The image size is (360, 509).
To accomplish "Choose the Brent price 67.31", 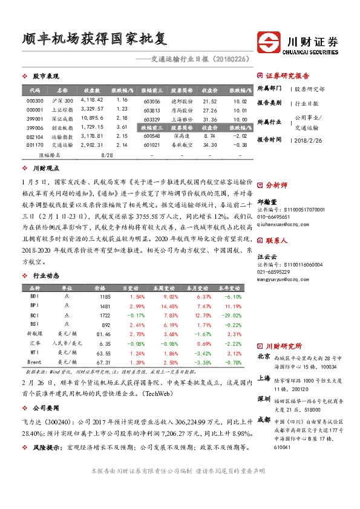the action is (x=103, y=361).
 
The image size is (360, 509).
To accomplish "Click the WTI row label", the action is (x=35, y=352).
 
